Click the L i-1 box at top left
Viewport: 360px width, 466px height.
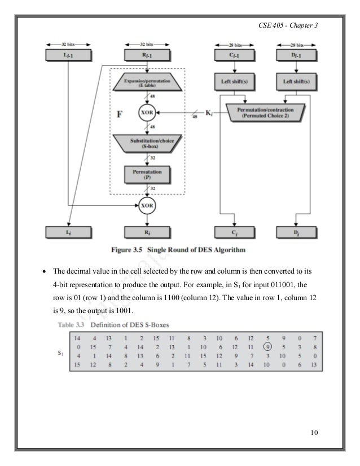(x=68, y=55)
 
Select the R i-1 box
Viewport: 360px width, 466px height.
(x=147, y=55)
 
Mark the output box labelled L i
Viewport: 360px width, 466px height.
(x=68, y=232)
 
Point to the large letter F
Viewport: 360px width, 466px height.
(x=120, y=115)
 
